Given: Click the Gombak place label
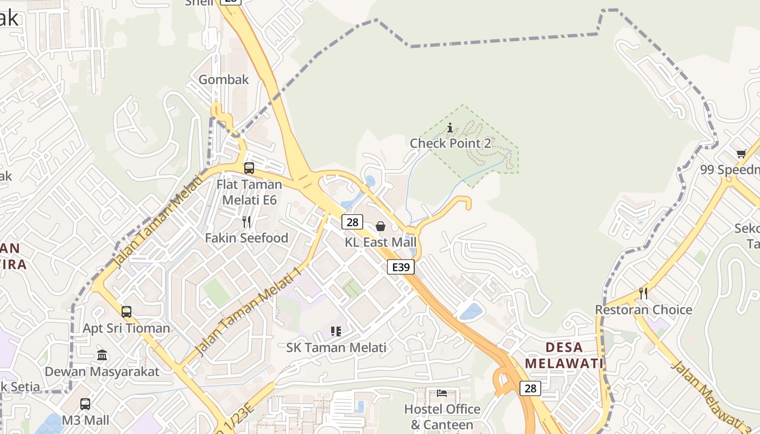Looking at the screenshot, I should pyautogui.click(x=224, y=80).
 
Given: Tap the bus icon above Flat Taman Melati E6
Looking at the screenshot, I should pyautogui.click(x=249, y=168).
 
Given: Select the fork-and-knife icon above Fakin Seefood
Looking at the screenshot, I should pyautogui.click(x=246, y=221).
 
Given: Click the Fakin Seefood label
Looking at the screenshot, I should pyautogui.click(x=246, y=238).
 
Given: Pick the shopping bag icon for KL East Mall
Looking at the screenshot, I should pyautogui.click(x=381, y=226).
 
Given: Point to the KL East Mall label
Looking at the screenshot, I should pyautogui.click(x=381, y=242).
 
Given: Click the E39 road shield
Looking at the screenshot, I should pyautogui.click(x=401, y=267).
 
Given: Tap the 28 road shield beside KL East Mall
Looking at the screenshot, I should pyautogui.click(x=352, y=221).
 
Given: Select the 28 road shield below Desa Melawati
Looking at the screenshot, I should pyautogui.click(x=530, y=388).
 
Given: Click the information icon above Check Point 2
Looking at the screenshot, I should pyautogui.click(x=450, y=128).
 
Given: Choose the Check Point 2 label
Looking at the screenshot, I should pyautogui.click(x=450, y=143).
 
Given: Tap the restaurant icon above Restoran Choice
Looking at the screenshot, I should pyautogui.click(x=643, y=293).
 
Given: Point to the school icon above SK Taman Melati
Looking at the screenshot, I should pyautogui.click(x=336, y=331).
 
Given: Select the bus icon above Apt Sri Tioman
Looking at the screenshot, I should pyautogui.click(x=126, y=312).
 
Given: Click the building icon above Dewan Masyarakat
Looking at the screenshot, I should pyautogui.click(x=102, y=355).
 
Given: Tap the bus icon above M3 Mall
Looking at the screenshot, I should pyautogui.click(x=85, y=404).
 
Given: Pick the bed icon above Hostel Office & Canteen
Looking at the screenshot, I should pyautogui.click(x=442, y=393).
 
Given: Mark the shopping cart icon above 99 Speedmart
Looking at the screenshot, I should pyautogui.click(x=742, y=154).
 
